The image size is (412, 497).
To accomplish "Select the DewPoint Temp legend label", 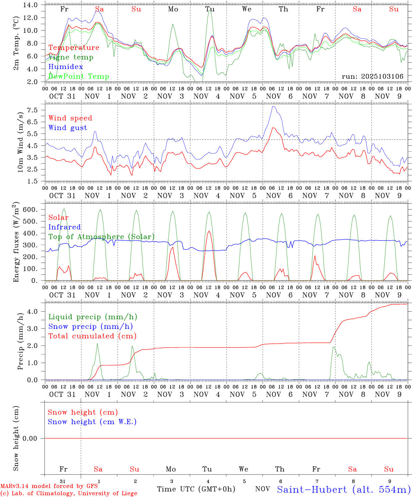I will coord(79,77).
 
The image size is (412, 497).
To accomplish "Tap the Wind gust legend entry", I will coord(68,128).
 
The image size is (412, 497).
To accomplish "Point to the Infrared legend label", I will coord(65,227).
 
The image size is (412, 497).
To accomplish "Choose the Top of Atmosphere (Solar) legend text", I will coord(101,237).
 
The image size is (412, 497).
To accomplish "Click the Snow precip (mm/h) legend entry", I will coord(90,327).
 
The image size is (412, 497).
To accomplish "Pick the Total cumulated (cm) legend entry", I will coord(92,336).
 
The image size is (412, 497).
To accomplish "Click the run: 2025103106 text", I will coord(372,77).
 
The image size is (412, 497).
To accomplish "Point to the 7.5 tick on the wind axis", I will coord(32,110).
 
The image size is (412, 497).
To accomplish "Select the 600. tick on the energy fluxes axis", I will coord(30,209).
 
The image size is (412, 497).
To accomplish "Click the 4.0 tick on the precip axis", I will coord(32,311).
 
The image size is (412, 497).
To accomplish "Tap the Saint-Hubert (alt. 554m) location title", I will coord(344,489).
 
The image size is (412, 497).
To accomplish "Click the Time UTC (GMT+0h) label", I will coord(196,489).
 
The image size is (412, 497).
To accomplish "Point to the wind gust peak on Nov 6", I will coord(273,106).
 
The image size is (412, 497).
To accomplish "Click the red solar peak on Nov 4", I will coord(209,231).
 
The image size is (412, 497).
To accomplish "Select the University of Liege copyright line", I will coord(69,494).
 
